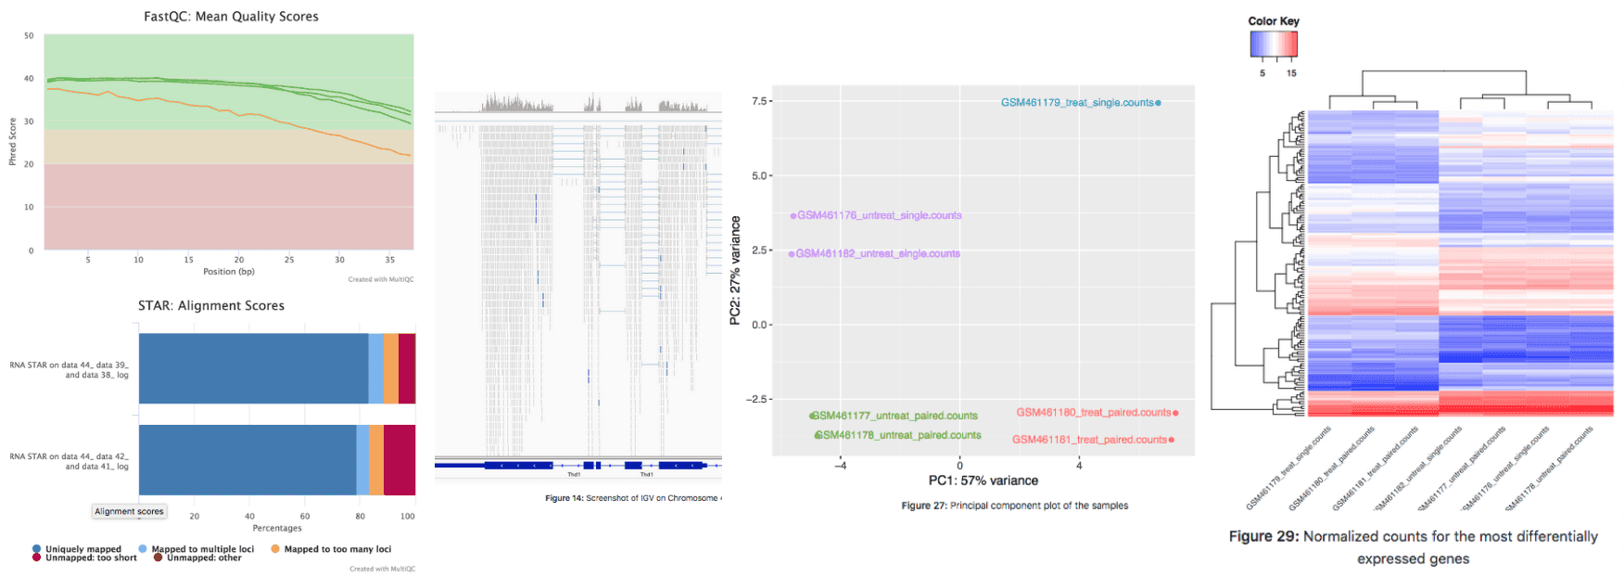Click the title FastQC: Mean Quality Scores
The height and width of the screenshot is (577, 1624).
[x=231, y=17]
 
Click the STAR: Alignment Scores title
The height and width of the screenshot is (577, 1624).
[x=211, y=305]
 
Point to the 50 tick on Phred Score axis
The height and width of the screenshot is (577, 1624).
[x=29, y=36]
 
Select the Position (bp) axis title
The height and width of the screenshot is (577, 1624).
[x=228, y=272]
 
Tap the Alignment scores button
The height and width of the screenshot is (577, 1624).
[x=129, y=511]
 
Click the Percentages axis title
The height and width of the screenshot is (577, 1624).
[x=277, y=528]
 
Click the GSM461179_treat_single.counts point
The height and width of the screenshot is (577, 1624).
[x=1158, y=103]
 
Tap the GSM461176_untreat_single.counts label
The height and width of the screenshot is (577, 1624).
[x=879, y=215]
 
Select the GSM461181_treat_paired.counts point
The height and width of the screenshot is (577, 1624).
[x=1172, y=440]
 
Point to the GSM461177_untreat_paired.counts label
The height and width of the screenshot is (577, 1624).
[x=897, y=416]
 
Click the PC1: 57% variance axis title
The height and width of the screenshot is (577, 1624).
[x=983, y=481]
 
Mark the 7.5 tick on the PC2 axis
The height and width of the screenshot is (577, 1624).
[x=758, y=101]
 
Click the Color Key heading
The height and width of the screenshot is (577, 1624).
[x=1273, y=21]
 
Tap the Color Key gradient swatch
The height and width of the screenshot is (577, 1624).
[x=1273, y=45]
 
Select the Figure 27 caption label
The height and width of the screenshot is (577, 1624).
[x=923, y=506]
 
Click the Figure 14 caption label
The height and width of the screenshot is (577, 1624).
[x=564, y=498]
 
